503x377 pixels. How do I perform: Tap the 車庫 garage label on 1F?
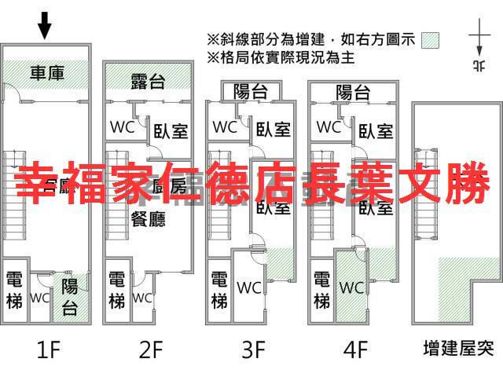coord(48,74)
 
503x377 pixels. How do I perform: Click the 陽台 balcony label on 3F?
coord(251,92)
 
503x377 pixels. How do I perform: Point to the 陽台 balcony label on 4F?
coord(353,92)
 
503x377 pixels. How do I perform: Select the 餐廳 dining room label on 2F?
coord(148,218)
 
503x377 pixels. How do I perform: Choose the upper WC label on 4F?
coord(328,126)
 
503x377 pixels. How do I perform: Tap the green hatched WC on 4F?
coord(351,287)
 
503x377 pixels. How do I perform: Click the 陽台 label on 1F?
coord(69,296)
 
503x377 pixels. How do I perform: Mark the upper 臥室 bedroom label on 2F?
coord(171,130)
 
